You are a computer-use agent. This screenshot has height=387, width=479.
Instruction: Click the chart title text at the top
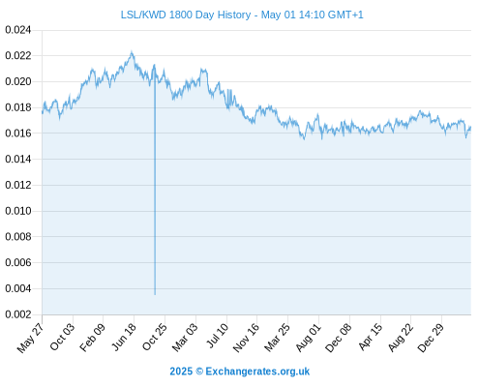tap(242, 15)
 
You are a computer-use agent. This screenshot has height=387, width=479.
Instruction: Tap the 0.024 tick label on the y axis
tap(18, 30)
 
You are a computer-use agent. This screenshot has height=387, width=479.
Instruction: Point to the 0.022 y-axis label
tap(18, 56)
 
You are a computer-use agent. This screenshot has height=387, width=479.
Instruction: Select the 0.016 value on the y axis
tap(18, 134)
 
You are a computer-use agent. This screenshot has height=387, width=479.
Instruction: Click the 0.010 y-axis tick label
tap(18, 211)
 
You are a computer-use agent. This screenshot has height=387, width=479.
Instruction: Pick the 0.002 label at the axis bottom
tap(18, 314)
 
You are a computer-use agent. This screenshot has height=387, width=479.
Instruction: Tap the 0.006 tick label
tap(18, 262)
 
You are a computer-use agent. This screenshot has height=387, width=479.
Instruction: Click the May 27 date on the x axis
tap(30, 338)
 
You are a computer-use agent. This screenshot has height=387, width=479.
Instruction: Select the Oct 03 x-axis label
tap(62, 337)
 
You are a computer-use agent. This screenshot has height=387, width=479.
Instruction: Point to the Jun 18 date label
tap(124, 337)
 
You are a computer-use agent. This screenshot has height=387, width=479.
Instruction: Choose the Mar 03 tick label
tap(185, 337)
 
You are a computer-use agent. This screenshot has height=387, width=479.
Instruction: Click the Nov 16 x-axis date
tap(246, 337)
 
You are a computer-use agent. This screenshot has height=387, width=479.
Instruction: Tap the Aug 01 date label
tap(309, 337)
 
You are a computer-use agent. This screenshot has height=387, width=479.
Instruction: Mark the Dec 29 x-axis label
tap(431, 337)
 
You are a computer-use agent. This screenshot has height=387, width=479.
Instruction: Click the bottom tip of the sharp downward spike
tap(155, 294)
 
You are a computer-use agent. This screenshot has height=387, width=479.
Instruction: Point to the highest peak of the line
tap(132, 51)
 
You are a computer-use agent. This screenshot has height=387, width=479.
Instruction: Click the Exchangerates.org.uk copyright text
tap(240, 372)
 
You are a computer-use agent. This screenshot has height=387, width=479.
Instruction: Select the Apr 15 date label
tap(370, 337)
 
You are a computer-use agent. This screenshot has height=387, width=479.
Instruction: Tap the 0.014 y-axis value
tap(18, 159)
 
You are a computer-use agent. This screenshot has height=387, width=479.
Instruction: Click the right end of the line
tap(470, 128)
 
